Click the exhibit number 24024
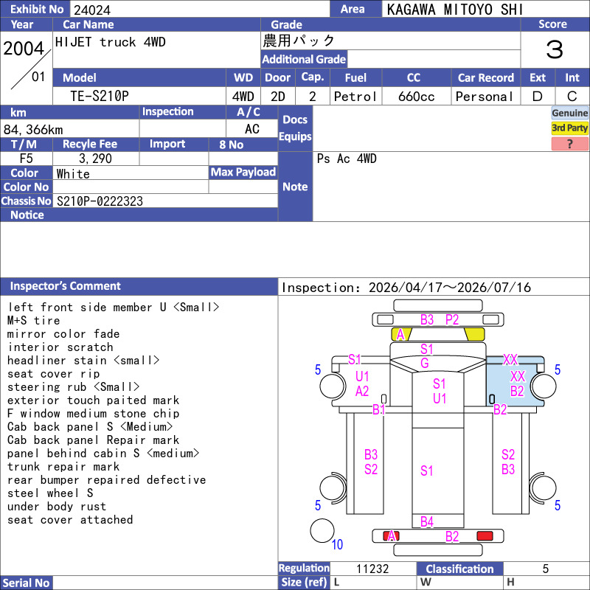(92, 10)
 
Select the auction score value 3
(555, 49)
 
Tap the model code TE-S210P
(100, 97)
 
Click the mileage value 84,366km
(33, 130)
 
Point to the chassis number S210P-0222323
(100, 201)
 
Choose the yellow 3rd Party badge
(569, 128)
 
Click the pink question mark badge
(569, 144)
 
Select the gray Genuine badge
(569, 113)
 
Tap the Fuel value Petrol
(355, 97)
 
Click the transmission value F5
(26, 159)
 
